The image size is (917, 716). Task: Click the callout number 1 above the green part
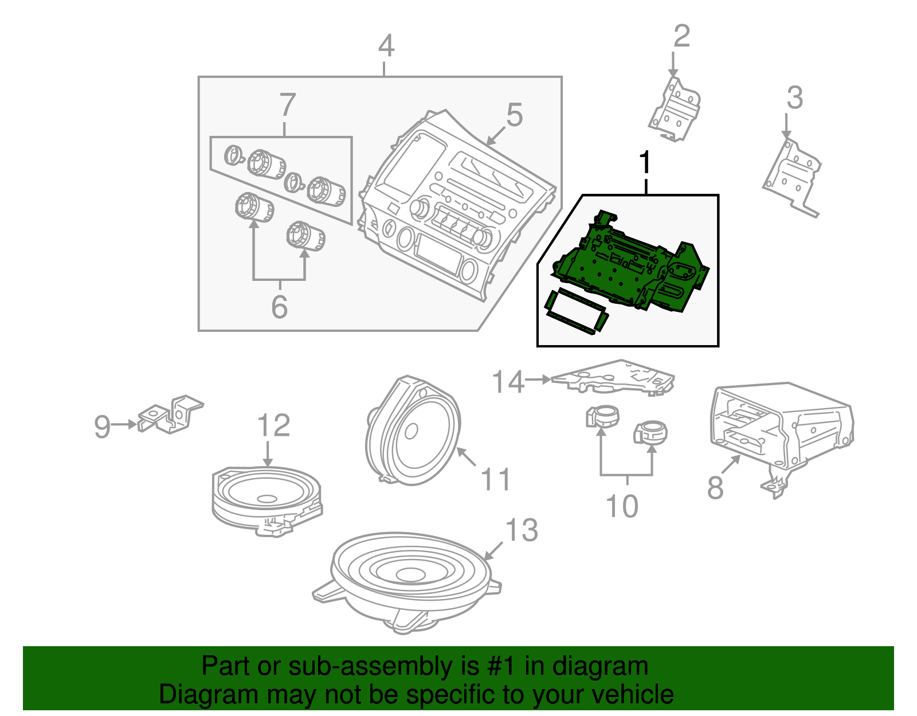[646, 163]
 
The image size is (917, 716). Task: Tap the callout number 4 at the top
[386, 46]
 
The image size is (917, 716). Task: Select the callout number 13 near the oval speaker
[522, 530]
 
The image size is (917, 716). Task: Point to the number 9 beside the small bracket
[102, 427]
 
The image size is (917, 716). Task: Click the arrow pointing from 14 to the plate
[538, 379]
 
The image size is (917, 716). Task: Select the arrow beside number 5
[496, 135]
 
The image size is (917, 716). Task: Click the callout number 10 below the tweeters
[622, 506]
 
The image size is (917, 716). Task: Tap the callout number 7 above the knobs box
[287, 105]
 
